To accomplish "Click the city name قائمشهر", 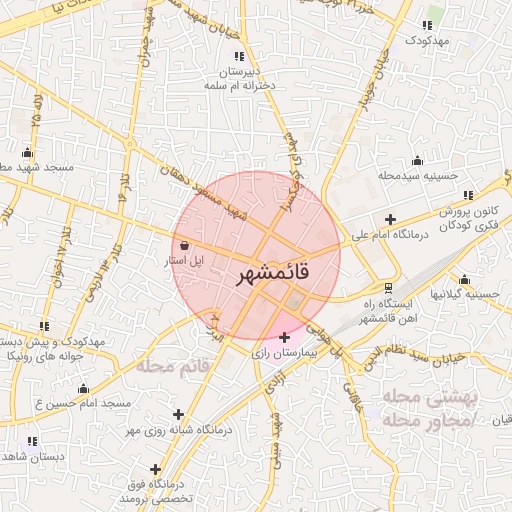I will point(272,272).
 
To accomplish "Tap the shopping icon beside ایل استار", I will point(183,246).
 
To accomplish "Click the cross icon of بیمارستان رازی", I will point(286,337).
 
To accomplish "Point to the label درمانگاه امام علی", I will point(390,237).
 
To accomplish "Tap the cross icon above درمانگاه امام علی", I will point(390,220).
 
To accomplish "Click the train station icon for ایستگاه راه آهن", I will point(388,288).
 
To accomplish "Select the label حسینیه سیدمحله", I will point(417,176).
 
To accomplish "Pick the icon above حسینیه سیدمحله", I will point(417,160).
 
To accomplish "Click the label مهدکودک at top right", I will point(429,40).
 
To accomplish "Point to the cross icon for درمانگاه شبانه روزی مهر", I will point(179,413).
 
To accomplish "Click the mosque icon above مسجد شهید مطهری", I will point(25,152).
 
